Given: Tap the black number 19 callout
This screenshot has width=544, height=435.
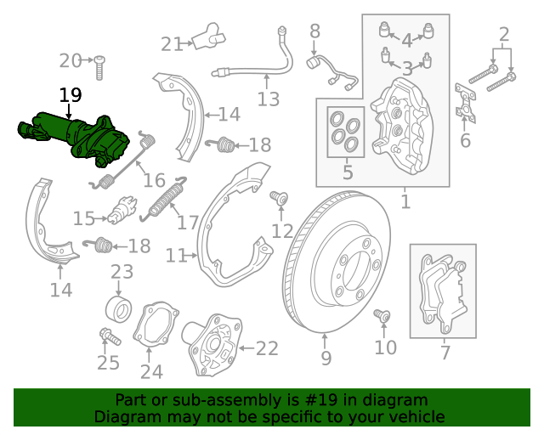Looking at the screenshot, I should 71,96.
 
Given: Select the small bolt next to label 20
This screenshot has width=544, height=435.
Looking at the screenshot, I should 99,61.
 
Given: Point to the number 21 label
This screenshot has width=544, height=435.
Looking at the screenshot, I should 172,44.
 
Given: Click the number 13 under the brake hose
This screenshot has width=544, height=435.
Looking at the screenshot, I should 268,100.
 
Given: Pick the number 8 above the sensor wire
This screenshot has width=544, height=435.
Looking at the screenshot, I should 314,32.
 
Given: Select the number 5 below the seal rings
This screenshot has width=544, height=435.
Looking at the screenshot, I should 347,174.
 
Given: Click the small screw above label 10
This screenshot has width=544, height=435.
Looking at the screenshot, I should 382,316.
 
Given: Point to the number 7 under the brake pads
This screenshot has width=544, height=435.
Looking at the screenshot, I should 445,353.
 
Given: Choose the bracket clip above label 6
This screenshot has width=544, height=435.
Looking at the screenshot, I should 464,102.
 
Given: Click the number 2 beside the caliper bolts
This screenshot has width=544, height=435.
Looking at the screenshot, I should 504,35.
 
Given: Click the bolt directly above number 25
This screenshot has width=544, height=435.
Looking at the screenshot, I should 109,336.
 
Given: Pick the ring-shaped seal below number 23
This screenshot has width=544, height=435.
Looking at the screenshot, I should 117,307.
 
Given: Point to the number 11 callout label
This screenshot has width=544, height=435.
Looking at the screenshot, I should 176,255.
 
